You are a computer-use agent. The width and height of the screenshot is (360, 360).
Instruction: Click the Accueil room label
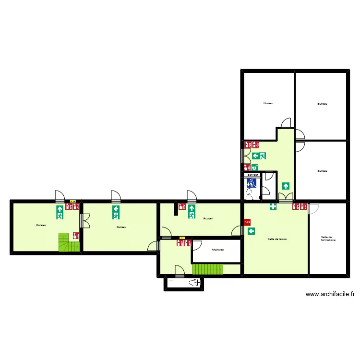(208, 218)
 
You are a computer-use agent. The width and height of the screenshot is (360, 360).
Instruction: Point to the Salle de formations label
(328, 238)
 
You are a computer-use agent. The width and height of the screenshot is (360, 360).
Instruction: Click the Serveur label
(252, 175)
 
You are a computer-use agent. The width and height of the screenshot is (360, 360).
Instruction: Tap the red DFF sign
(247, 222)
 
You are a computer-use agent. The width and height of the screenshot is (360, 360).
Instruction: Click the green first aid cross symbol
(273, 207)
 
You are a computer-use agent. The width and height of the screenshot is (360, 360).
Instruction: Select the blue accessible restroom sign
(252, 182)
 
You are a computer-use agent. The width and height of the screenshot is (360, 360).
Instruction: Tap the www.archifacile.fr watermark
(330, 294)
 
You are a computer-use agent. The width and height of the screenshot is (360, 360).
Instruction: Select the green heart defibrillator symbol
(254, 167)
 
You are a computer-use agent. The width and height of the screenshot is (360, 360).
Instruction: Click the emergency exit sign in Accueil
(192, 212)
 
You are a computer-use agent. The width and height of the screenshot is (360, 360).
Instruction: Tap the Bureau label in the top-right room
(322, 104)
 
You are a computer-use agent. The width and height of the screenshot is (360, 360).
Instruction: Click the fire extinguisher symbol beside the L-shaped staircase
(76, 236)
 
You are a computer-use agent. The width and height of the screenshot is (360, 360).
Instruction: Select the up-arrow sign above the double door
(286, 186)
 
